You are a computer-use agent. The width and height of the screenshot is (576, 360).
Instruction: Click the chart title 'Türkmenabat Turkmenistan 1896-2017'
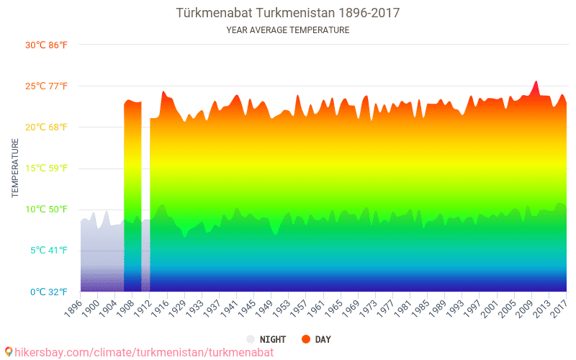click(x=288, y=13)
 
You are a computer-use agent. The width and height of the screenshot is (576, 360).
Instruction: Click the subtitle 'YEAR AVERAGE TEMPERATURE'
click(x=288, y=30)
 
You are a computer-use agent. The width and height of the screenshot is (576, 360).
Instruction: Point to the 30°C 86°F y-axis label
click(x=47, y=45)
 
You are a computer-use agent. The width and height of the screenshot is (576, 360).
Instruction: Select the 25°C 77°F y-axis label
click(x=47, y=86)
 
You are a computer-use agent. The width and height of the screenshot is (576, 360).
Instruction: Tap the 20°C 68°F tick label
click(x=47, y=127)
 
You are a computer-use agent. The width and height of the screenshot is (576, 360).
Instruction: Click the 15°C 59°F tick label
click(x=47, y=168)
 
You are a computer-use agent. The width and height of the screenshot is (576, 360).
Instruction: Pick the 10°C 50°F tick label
click(x=47, y=210)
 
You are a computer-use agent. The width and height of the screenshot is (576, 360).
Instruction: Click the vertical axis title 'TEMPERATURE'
click(x=15, y=168)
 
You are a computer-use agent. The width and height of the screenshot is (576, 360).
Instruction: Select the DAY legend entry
click(x=323, y=339)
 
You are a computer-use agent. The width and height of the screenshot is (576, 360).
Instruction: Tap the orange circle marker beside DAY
click(x=305, y=339)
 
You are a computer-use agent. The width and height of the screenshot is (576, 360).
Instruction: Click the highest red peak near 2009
click(x=536, y=82)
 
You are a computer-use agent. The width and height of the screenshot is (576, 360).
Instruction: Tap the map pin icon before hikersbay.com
click(x=8, y=352)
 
